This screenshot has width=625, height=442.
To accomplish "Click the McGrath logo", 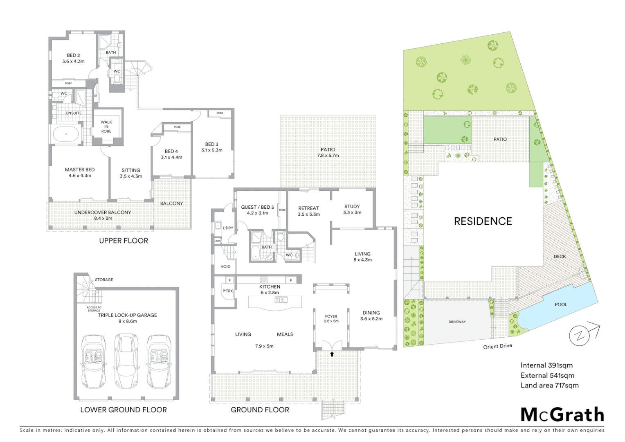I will tap(562, 415).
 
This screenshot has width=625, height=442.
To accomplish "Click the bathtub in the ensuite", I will tap(65, 135).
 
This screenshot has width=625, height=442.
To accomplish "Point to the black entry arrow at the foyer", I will tap(332, 353).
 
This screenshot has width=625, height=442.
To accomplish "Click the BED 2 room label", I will tap(74, 58).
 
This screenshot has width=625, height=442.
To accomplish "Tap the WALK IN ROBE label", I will tap(106, 126).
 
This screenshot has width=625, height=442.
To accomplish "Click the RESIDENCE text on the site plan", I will tap(483, 221).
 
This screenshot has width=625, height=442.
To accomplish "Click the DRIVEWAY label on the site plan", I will tap(457, 322).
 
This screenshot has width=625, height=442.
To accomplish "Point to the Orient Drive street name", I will tap(497, 346).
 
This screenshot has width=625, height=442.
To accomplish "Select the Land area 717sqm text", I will tap(549, 385).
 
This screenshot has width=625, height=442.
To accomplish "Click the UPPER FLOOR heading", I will tap(124, 241).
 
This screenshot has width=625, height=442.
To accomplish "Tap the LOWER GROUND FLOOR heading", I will tap(124, 410).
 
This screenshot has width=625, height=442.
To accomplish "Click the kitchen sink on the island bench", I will tap(282, 300).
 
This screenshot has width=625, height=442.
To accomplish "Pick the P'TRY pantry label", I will tap(227, 291).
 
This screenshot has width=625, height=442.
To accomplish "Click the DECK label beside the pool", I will tap(560, 257).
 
